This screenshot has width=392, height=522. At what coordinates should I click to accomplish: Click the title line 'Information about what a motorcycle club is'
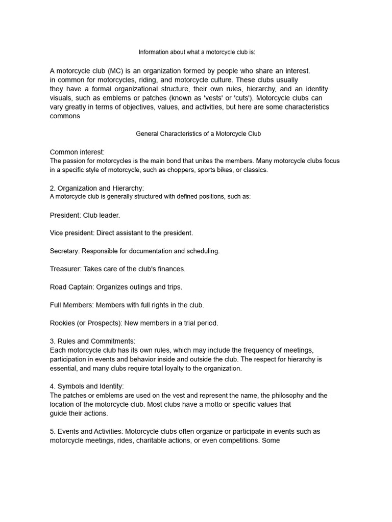point(197,53)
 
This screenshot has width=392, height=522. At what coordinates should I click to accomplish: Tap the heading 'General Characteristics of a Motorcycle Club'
point(198,134)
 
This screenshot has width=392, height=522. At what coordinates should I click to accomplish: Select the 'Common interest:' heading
point(77,152)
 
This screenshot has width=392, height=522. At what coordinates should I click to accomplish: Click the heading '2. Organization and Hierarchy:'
point(97,188)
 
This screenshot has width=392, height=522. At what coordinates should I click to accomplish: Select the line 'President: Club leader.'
point(85,215)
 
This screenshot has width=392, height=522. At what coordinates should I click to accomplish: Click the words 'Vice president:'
point(72,233)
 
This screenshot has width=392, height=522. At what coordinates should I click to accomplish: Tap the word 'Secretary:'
point(65,251)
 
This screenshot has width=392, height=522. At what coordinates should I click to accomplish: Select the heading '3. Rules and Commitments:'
point(92,341)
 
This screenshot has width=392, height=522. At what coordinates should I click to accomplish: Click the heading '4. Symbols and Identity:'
point(87,386)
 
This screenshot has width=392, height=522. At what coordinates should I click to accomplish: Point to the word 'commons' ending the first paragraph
point(65,116)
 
